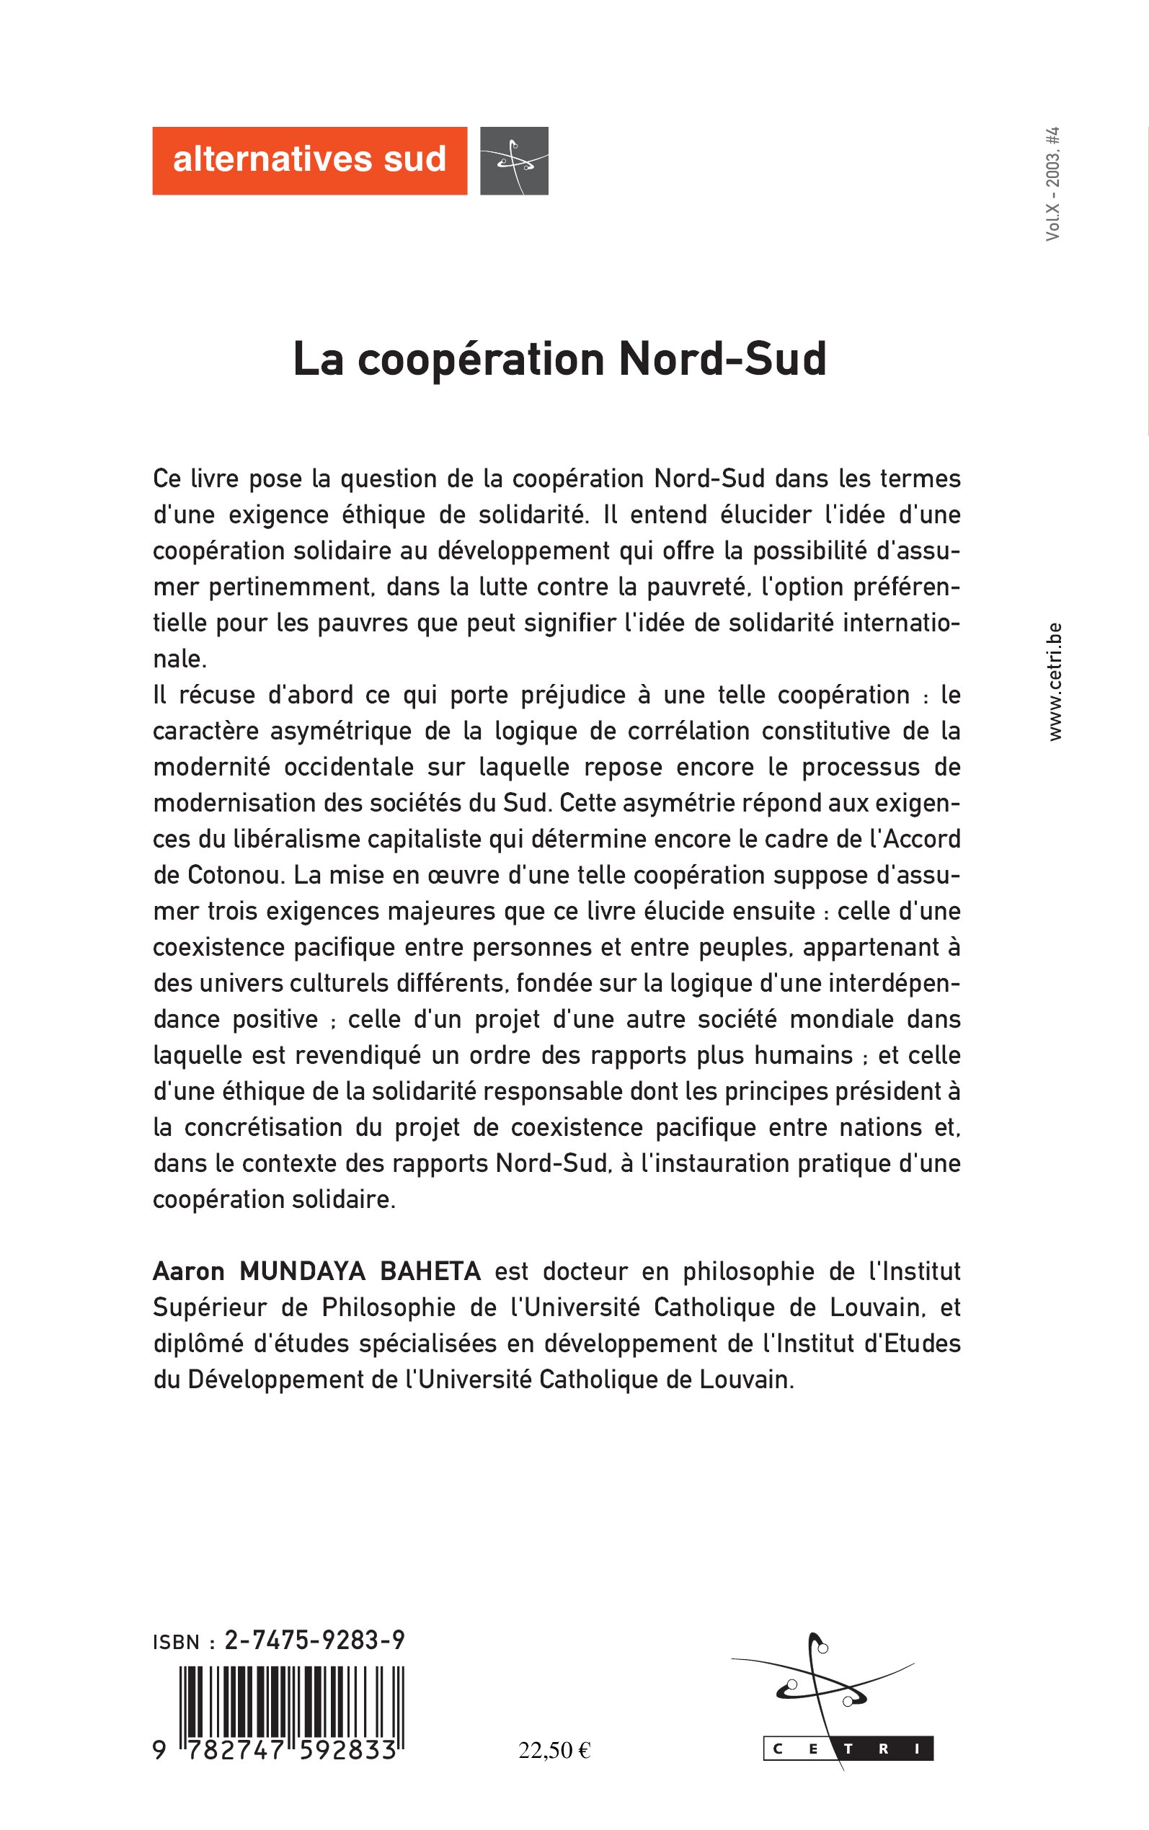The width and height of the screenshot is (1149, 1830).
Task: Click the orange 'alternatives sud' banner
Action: tap(309, 160)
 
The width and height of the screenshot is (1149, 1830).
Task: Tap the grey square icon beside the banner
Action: tap(514, 160)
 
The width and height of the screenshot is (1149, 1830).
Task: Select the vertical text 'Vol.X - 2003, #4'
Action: tap(1052, 184)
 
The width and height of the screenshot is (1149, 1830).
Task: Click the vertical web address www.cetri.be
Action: tap(1054, 681)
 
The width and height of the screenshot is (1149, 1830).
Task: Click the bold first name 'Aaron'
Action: tap(188, 1271)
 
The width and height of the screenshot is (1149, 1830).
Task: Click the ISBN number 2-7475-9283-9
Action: tap(314, 1640)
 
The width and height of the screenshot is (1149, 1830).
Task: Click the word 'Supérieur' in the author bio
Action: tap(210, 1307)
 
